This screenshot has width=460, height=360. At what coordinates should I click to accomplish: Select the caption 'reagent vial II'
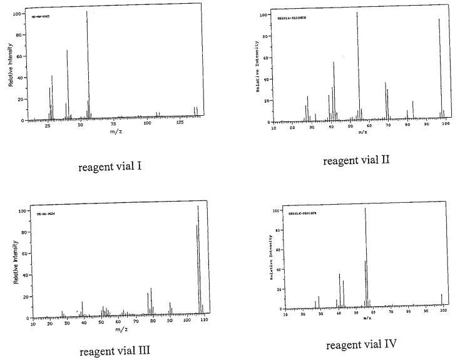click(x=356, y=160)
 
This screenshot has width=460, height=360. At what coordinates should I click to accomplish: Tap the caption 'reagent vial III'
click(x=115, y=351)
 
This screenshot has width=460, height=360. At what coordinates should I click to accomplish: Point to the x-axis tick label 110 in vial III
click(x=205, y=323)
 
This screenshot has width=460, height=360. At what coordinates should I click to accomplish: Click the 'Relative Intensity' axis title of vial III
click(x=14, y=263)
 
